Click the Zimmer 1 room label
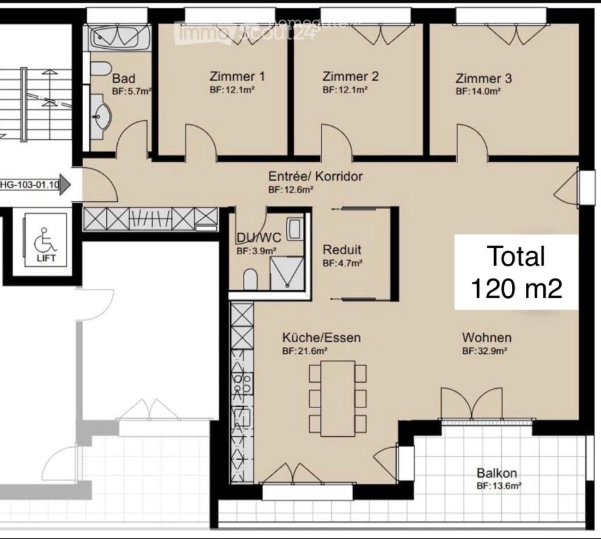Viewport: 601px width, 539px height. point(237,77)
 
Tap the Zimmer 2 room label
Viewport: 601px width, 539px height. point(350,77)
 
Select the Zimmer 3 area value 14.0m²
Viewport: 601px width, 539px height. point(478,91)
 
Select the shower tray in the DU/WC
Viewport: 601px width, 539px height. point(287,273)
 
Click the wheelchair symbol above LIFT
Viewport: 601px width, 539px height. point(43,240)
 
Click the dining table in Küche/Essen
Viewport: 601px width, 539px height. point(337,398)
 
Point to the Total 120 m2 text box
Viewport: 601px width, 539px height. point(516,272)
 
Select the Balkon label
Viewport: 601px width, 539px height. point(497,473)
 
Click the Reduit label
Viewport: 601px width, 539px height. point(342,250)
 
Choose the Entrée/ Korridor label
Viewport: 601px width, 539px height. point(316,177)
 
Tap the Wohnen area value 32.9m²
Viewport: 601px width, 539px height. point(485,351)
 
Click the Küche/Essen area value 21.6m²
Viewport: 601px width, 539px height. point(305,351)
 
